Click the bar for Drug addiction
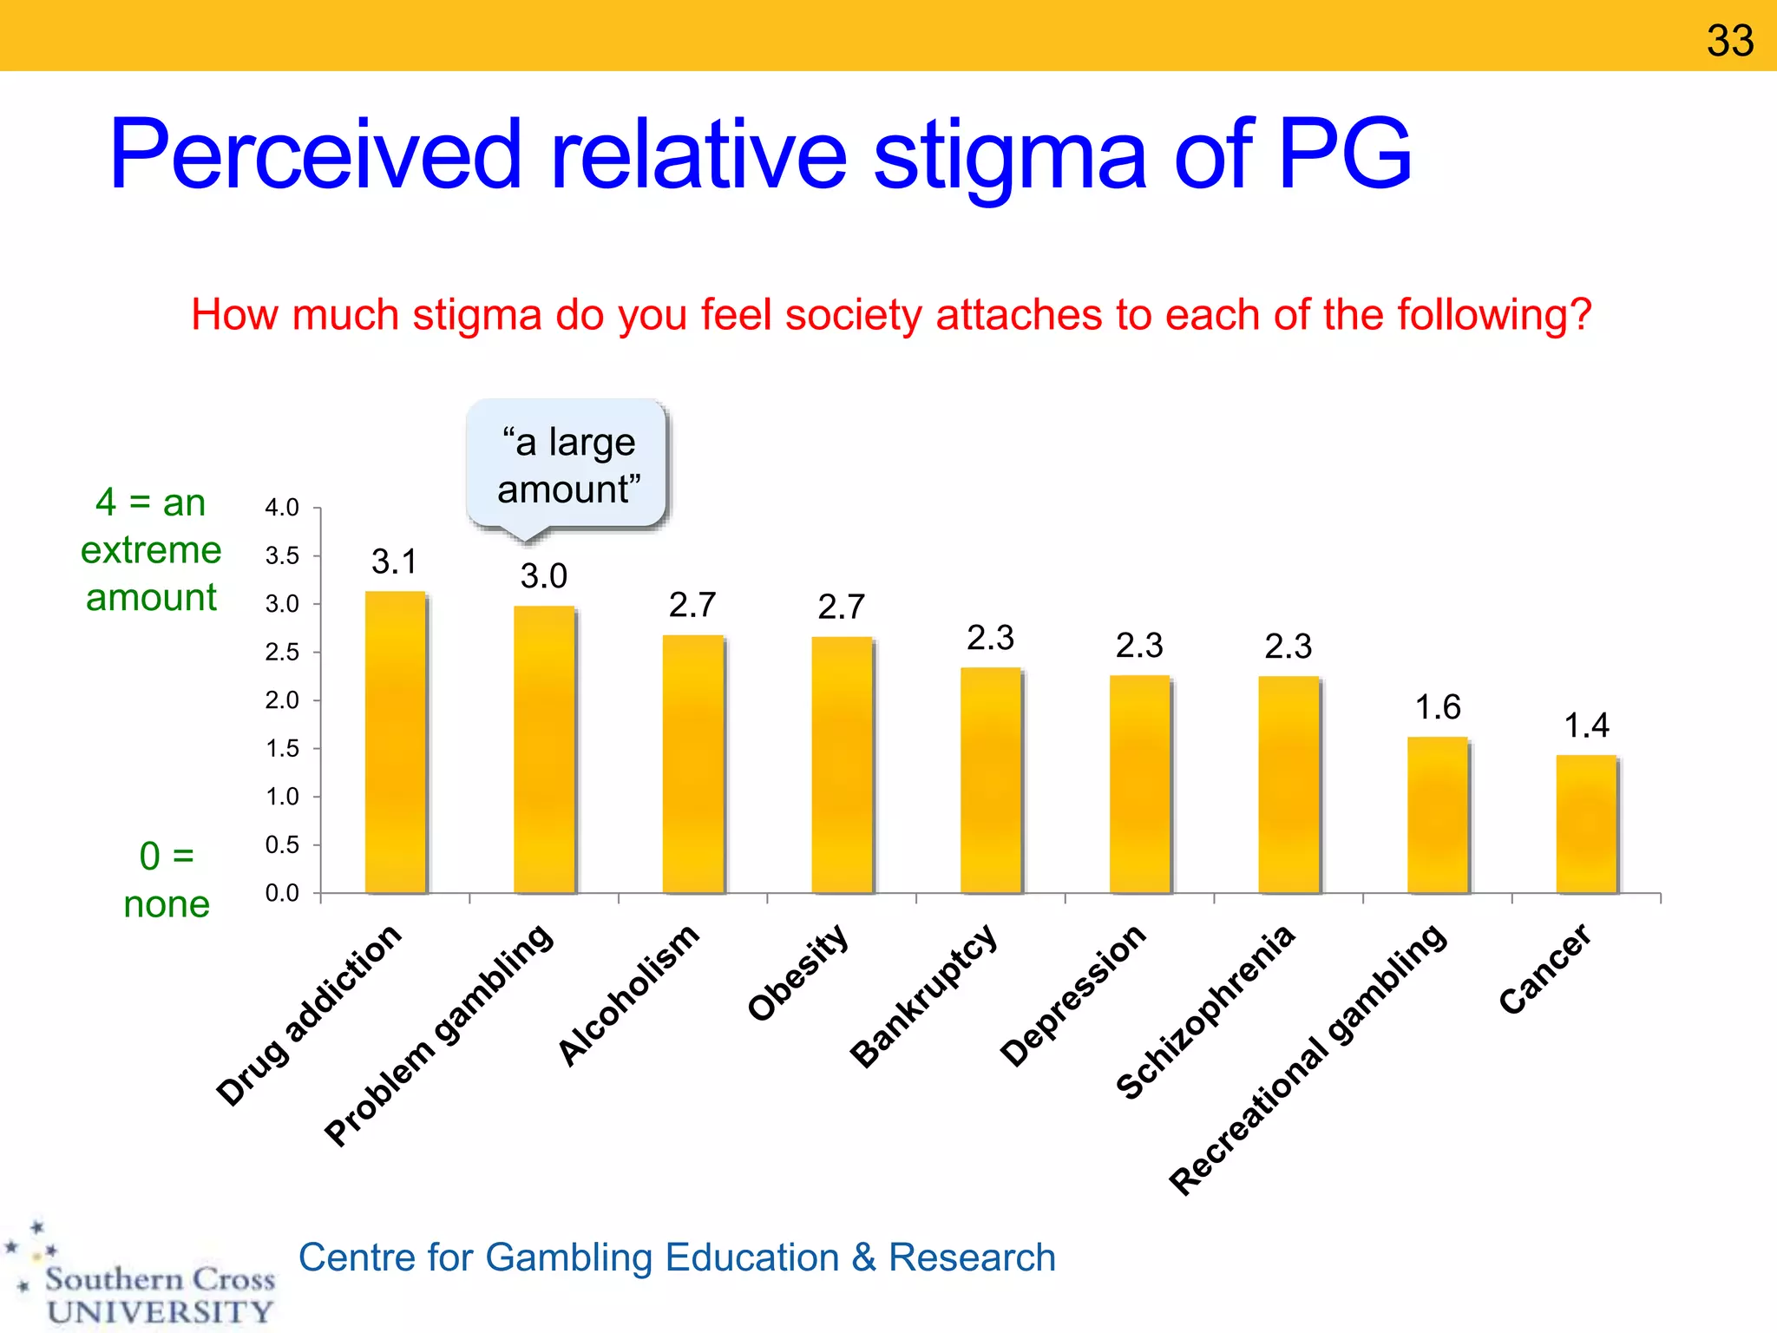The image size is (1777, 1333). (x=396, y=743)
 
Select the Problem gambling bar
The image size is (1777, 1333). (x=544, y=750)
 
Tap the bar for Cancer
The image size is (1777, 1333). (x=1586, y=824)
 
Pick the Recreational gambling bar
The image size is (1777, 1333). (x=1438, y=816)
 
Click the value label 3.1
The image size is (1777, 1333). (x=395, y=561)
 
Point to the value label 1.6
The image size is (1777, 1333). (x=1438, y=707)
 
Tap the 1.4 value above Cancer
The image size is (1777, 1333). (x=1586, y=726)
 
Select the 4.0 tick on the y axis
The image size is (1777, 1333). (x=282, y=508)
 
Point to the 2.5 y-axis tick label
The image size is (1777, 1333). (x=282, y=653)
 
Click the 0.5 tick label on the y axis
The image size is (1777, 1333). (x=282, y=845)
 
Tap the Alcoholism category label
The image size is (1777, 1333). (x=628, y=995)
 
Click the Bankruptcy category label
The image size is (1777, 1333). (x=924, y=995)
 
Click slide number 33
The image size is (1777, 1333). (x=1729, y=41)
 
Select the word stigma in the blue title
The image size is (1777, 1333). (x=1010, y=156)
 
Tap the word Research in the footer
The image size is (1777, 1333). (x=972, y=1257)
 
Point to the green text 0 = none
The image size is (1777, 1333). (x=166, y=880)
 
